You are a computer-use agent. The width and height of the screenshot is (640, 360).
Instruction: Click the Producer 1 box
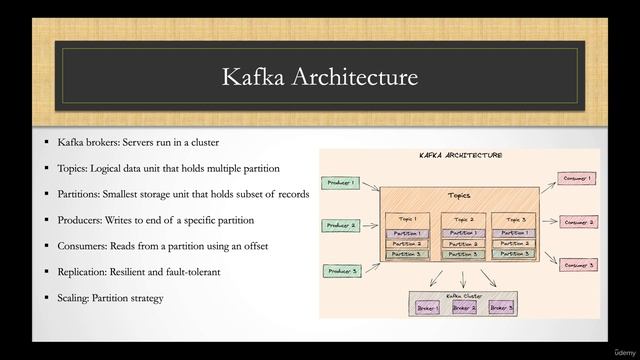[x=340, y=183]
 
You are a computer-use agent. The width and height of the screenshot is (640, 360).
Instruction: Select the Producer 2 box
[x=340, y=226]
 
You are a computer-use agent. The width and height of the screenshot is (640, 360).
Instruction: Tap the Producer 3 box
[x=340, y=271]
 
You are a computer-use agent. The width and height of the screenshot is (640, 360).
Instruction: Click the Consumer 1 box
[x=578, y=178]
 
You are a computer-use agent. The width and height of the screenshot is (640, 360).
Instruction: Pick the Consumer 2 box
[x=578, y=222]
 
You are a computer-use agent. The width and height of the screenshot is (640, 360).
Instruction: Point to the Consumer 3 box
[x=578, y=265]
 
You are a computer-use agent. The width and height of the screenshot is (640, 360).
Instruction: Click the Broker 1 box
[x=427, y=308]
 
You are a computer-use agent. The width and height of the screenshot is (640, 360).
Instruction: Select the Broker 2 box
[x=463, y=308]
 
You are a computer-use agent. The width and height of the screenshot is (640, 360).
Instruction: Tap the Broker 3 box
[x=500, y=308]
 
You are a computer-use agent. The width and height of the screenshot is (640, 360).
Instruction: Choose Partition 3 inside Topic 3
[x=515, y=254]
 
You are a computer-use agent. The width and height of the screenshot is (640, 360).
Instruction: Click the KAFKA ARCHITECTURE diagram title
[x=460, y=156]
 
